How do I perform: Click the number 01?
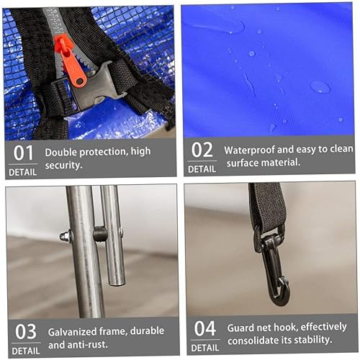24,152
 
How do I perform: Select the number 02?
202,149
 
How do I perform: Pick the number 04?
204,328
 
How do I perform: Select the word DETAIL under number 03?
25,351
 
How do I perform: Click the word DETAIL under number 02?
202,168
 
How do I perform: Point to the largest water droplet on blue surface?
320,86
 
